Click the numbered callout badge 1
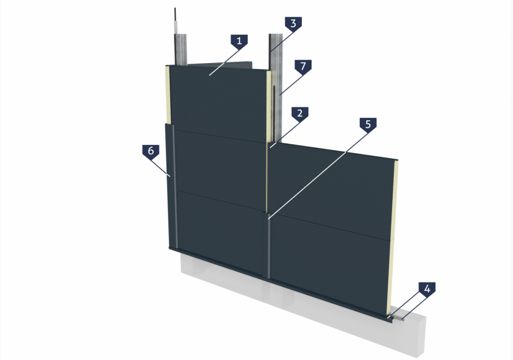coord(239,41)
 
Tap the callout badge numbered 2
coord(300,114)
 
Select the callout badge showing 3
coord(293,24)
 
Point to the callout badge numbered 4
coord(427,289)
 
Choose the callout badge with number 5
coord(368,124)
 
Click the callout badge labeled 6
coord(151,151)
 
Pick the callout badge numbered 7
coord(303,66)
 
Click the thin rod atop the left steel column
coord(176,20)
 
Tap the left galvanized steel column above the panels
coord(180,49)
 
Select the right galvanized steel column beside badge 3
coord(276,85)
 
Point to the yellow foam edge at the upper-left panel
coord(167,95)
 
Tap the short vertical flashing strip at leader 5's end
coord(269,246)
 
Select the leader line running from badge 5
coord(318,176)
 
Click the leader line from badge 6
coord(161,168)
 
